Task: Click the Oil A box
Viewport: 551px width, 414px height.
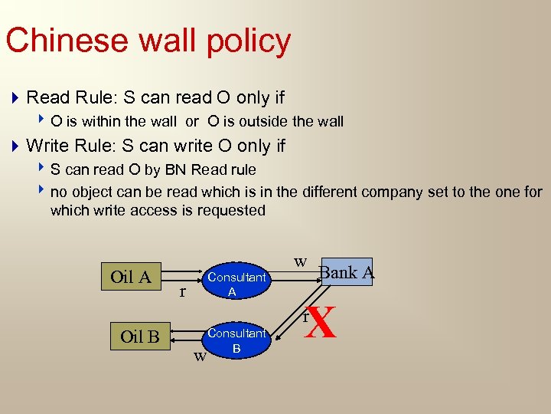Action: click(x=131, y=277)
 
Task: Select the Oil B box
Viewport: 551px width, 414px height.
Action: click(x=139, y=337)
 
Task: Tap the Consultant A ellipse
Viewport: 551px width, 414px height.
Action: click(x=236, y=284)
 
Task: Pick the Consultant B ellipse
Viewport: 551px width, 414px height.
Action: click(x=236, y=340)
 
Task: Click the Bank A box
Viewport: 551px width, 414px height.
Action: click(x=347, y=272)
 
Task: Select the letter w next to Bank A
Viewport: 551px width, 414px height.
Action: click(x=301, y=262)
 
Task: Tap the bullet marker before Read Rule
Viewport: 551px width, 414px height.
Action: click(x=15, y=98)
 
